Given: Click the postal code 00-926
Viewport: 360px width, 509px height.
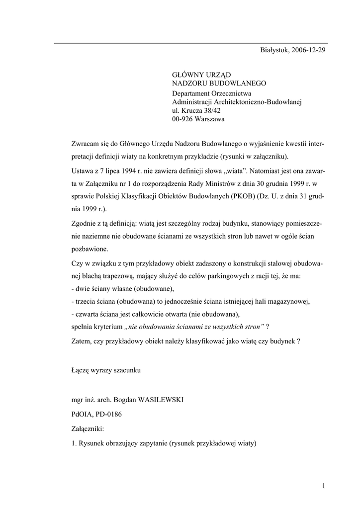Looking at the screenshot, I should click(x=183, y=119).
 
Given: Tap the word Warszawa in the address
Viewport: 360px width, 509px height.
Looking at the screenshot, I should click(x=210, y=119).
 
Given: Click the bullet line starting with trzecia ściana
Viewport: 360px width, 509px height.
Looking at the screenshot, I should click(x=191, y=301).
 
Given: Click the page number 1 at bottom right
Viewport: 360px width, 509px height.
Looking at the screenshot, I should click(x=324, y=486).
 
